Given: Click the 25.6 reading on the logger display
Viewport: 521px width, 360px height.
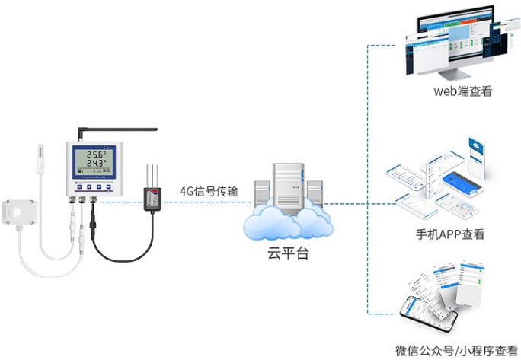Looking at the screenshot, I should [x=94, y=152].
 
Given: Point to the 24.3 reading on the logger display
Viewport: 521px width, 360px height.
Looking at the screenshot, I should [x=94, y=163].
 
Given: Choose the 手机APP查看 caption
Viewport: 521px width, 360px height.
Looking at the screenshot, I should [x=449, y=234].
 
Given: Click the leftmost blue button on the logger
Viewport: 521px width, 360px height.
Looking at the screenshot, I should [x=79, y=186].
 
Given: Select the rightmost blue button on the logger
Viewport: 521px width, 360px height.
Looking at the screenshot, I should [x=110, y=186].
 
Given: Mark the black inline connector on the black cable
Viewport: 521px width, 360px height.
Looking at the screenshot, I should [x=92, y=227].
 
